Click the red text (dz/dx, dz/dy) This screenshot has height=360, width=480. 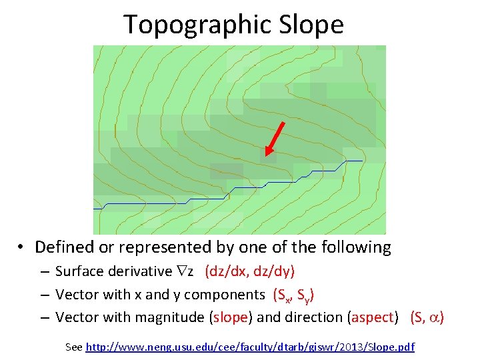tap(250, 272)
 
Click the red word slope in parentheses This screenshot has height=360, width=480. tap(230, 317)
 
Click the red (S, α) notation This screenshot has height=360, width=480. tap(427, 317)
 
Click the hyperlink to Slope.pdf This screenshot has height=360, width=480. tap(250, 347)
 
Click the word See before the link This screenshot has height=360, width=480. tap(74, 347)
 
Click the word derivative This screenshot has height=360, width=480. tap(141, 272)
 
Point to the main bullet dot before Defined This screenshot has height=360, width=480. tap(22, 247)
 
